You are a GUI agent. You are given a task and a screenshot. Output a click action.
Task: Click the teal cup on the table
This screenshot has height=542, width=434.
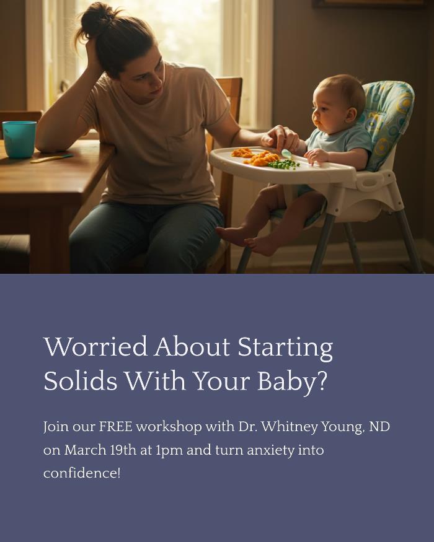pos(19,139)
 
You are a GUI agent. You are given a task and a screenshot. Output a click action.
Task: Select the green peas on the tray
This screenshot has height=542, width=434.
pos(284,164)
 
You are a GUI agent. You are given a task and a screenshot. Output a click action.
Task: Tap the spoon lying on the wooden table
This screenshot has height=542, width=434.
pos(52,159)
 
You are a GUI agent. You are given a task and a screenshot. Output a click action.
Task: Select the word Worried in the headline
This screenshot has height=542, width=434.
pos(96,346)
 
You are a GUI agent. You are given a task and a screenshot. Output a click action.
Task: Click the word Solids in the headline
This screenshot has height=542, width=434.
pos(81,381)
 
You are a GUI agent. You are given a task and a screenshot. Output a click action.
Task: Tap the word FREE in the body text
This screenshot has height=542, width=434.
pos(115,427)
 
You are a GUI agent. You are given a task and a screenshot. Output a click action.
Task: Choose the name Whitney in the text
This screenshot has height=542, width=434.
pos(289,427)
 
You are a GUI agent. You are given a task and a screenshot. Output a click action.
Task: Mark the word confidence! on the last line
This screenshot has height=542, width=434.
pos(82,473)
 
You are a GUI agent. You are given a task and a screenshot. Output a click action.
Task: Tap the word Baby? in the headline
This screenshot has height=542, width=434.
pos(292,382)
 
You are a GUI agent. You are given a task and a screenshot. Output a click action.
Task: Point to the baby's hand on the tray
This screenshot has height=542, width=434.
pos(316,156)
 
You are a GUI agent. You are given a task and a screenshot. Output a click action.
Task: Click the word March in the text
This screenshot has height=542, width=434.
pos(85,450)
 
